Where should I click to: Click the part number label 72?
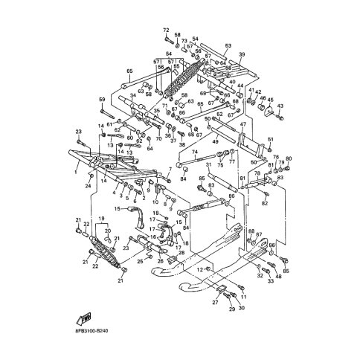pos(166,29)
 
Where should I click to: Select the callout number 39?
pos(241,55)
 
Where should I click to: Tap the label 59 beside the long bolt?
pos(102,100)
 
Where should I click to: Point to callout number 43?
pos(280,107)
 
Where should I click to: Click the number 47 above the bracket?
pos(242,126)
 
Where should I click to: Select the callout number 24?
pos(88,186)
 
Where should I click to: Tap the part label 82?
pos(265,202)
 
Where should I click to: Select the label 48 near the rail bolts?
pos(278,277)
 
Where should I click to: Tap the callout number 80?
pos(289,158)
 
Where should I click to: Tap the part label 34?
pos(132,96)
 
